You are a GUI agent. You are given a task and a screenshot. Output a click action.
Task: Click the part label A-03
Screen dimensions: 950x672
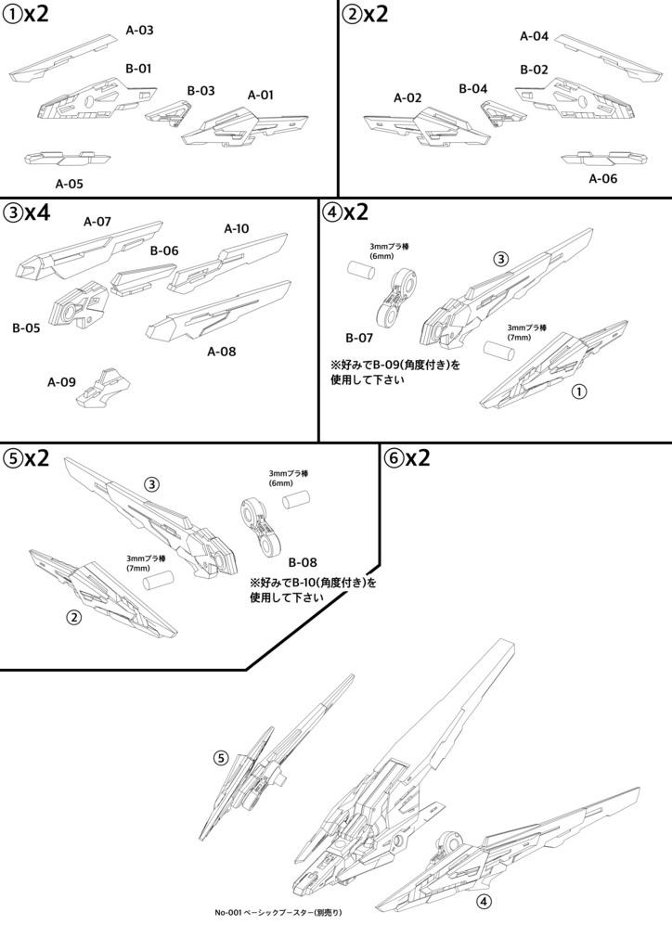[x=139, y=30]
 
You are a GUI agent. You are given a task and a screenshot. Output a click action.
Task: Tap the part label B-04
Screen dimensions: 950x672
[x=472, y=89]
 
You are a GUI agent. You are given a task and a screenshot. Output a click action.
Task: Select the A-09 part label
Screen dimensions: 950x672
[x=62, y=381]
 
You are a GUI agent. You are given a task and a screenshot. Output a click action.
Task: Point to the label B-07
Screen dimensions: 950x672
[x=359, y=338]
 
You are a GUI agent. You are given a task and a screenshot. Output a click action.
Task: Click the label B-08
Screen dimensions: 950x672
[x=303, y=562]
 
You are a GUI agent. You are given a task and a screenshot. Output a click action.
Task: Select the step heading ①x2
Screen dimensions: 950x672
[x=26, y=16]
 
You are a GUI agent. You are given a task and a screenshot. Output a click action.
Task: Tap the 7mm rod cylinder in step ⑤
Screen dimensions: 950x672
[x=160, y=580]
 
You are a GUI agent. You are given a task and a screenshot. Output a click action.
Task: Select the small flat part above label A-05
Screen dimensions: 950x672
[x=62, y=159]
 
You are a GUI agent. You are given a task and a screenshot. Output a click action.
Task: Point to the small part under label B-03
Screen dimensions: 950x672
[x=169, y=115]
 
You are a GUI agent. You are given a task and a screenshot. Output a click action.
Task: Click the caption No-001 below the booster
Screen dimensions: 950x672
[x=278, y=913]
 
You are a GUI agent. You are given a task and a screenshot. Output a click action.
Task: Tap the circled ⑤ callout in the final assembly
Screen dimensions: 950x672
[x=220, y=758]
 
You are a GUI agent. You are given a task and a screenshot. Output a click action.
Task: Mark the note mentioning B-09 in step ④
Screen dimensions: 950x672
[x=395, y=372]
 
